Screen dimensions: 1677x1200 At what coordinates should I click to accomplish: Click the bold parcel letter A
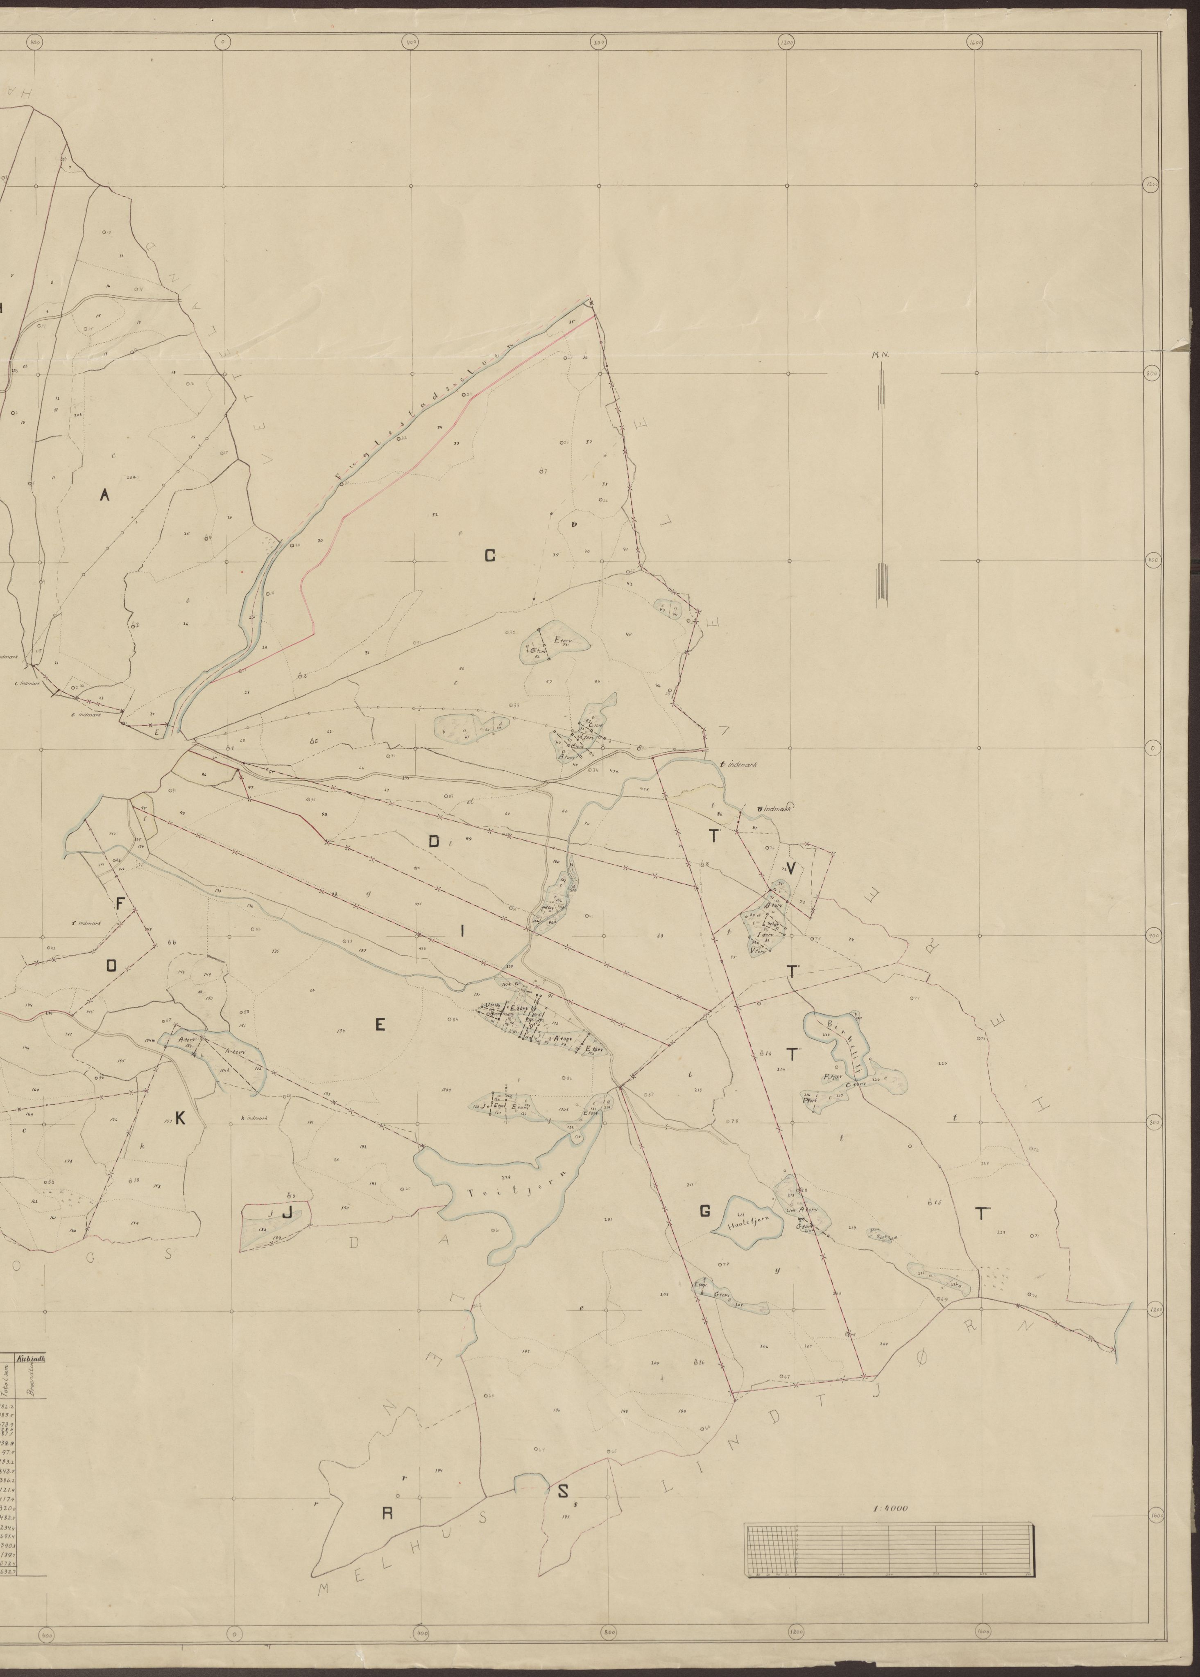point(104,497)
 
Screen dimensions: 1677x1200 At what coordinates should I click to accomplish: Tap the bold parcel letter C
point(489,556)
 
